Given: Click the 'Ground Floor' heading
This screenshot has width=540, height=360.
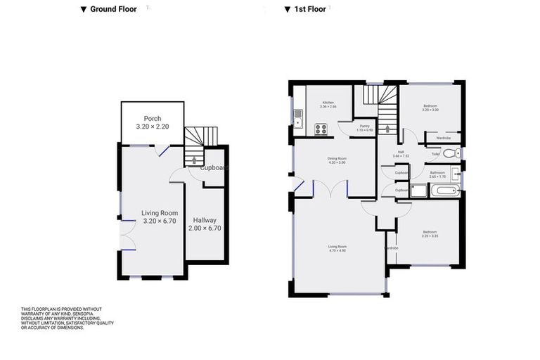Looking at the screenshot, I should tap(108, 9).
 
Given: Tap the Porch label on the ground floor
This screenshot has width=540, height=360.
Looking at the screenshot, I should tap(153, 122).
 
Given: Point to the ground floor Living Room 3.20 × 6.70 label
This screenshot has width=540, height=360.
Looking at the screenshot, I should tap(159, 217).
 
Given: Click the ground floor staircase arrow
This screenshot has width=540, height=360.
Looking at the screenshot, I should tap(194, 162).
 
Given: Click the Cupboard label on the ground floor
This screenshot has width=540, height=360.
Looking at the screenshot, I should tap(213, 168).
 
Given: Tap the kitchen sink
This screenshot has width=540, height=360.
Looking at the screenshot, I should tap(298, 119).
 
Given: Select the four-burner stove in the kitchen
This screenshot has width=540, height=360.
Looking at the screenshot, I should tap(321, 129).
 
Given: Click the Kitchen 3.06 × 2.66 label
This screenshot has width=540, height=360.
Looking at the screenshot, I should tap(329, 105).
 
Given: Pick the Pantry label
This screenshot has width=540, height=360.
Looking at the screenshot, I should tap(364, 128).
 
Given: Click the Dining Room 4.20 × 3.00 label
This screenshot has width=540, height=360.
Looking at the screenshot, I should tap(337, 160).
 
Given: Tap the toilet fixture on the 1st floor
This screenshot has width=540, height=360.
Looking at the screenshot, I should tap(455, 153).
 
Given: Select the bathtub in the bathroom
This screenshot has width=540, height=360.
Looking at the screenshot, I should tap(444, 190).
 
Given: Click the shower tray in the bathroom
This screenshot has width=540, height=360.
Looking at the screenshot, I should tap(419, 190).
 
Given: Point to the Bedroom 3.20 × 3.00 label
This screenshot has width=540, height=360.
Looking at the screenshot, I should tap(430, 108).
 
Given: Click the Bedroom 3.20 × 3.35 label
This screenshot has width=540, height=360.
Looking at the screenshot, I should tap(430, 234).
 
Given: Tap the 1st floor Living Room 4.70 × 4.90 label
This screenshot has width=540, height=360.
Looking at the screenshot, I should tap(337, 247).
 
